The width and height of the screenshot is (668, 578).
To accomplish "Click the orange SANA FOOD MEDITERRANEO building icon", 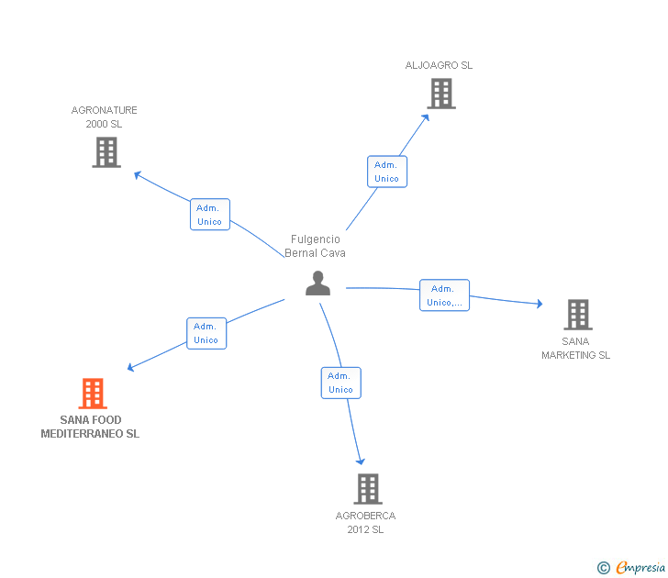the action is tap(93, 394).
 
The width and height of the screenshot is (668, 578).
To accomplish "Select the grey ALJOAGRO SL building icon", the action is tap(441, 94).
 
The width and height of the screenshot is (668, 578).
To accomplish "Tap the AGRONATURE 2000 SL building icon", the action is tap(106, 152).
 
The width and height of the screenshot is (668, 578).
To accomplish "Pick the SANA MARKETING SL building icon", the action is tap(578, 315).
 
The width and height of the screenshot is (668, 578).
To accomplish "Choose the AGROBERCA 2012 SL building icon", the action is tap(368, 489).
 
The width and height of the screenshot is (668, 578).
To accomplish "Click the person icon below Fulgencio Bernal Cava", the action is tap(317, 283).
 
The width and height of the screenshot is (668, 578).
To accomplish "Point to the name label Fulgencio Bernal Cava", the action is tap(316, 246).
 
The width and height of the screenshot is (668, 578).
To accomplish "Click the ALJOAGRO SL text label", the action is tap(439, 65).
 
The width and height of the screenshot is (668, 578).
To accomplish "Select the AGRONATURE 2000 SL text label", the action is tap(104, 117).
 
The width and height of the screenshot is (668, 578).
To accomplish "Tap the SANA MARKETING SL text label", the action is tap(575, 348).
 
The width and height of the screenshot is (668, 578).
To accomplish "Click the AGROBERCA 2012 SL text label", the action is tap(365, 523).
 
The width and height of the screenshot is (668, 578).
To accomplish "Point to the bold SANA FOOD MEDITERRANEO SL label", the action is tap(90, 427).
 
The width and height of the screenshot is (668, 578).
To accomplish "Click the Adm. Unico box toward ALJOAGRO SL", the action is tap(387, 172).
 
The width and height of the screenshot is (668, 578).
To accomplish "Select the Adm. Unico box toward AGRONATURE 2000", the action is tap(210, 215).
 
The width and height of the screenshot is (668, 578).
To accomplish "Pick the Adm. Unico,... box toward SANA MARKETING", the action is tap(444, 295).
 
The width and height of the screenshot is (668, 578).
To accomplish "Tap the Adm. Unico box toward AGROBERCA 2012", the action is tap(340, 383).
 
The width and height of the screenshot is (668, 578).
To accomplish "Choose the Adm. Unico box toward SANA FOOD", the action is tap(206, 334).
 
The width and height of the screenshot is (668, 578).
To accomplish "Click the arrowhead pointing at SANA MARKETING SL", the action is tap(540, 304).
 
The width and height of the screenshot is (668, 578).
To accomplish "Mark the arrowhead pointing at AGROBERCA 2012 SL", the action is tap(361, 461).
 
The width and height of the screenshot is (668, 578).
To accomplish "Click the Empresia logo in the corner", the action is tap(631, 568).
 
